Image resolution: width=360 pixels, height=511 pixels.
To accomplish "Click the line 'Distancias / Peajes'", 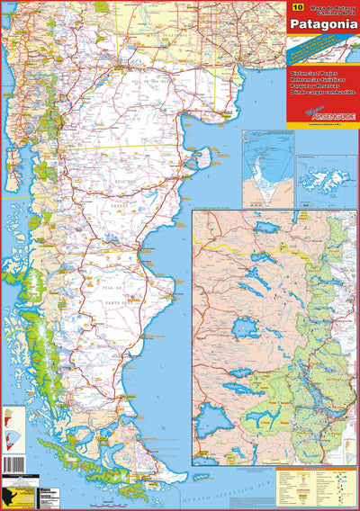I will (x=311, y=68).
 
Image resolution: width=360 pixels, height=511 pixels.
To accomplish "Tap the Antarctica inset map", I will (x=267, y=167).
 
